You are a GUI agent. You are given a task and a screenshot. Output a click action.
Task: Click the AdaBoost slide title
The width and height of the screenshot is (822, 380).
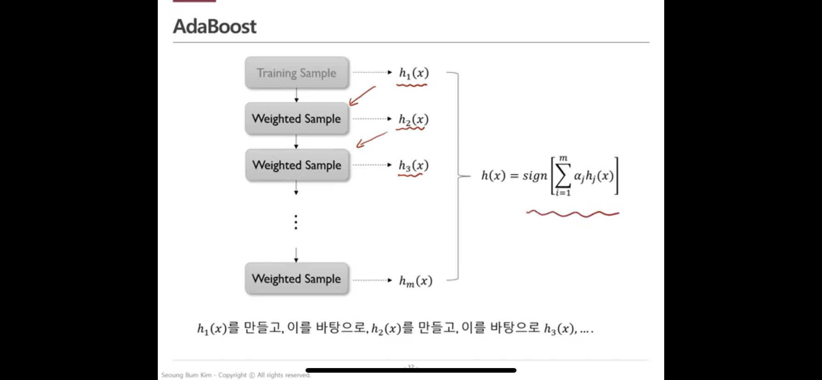[215, 27]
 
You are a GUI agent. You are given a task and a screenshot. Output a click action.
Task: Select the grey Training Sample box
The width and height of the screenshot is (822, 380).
[296, 73]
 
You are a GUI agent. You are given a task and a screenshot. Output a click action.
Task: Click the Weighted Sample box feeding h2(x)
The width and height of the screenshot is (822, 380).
[296, 119]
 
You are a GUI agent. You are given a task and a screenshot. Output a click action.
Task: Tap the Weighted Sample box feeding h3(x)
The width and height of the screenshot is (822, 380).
[297, 165]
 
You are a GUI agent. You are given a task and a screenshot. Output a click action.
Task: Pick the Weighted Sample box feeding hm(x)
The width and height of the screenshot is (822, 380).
[296, 279]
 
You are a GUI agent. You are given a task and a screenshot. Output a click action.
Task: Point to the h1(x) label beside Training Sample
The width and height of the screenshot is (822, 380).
[414, 73]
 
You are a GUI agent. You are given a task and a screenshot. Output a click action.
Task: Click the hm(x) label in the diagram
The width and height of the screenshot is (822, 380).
[416, 280]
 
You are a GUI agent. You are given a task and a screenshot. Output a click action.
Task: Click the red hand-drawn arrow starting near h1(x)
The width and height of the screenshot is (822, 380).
[362, 96]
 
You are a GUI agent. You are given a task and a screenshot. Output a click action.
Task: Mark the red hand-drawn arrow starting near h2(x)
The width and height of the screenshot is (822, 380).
[371, 140]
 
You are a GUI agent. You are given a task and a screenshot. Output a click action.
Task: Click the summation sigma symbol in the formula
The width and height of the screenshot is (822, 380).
[563, 176]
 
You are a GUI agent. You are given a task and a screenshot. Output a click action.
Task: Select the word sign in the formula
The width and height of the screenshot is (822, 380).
[535, 176]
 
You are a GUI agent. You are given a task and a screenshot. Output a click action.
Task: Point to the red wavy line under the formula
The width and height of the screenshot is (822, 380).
[572, 213]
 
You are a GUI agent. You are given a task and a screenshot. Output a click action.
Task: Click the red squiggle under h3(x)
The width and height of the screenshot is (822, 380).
[410, 175]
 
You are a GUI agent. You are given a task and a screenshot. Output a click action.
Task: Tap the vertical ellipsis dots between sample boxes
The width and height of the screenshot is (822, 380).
[296, 222]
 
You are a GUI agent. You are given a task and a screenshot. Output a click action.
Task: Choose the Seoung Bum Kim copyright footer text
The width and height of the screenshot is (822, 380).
[236, 375]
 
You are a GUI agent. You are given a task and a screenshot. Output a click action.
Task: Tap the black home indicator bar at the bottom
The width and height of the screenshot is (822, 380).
[411, 370]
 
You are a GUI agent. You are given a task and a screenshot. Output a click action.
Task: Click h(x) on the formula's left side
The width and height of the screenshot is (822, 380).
[493, 176]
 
